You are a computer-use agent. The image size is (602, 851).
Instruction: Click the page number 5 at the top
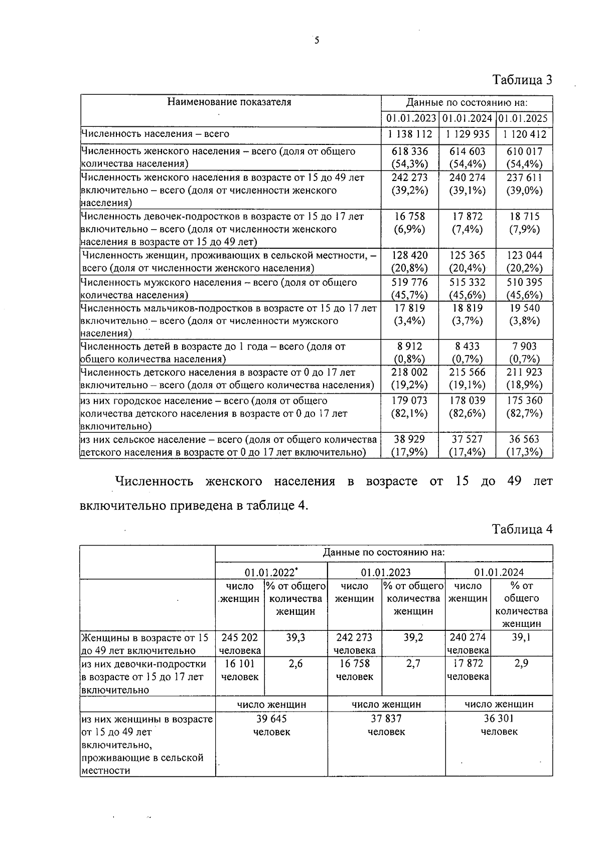coord(317,41)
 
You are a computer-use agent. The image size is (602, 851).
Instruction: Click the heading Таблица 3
coord(522,80)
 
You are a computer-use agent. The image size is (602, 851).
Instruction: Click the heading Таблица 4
coord(522,529)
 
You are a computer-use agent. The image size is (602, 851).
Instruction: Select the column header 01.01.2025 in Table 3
coord(524,119)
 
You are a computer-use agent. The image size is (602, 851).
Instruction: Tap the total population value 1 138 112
coord(410,134)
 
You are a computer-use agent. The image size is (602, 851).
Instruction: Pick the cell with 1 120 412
coord(524,134)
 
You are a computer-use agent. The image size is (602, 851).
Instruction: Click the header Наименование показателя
coord(229,102)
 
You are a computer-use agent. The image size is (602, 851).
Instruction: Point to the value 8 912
coord(409,346)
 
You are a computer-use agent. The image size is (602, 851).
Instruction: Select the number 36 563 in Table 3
coord(524,439)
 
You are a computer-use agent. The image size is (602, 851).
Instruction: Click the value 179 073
coord(409,400)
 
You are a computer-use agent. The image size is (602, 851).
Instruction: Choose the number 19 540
coord(524,308)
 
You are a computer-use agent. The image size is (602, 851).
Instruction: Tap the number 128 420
coord(409,255)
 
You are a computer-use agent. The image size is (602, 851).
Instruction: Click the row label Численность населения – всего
coord(155,134)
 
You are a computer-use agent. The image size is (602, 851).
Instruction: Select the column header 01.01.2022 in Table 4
coord(271,572)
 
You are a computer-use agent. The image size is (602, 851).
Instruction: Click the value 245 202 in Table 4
coord(240,637)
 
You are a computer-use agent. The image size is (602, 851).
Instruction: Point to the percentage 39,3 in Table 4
coord(295,637)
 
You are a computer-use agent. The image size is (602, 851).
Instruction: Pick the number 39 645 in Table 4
coord(271,719)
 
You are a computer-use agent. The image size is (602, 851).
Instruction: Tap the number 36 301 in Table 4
coord(499,719)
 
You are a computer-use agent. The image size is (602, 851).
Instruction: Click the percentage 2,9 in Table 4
coord(521,663)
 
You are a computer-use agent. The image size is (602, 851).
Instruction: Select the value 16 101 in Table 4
coord(240,663)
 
